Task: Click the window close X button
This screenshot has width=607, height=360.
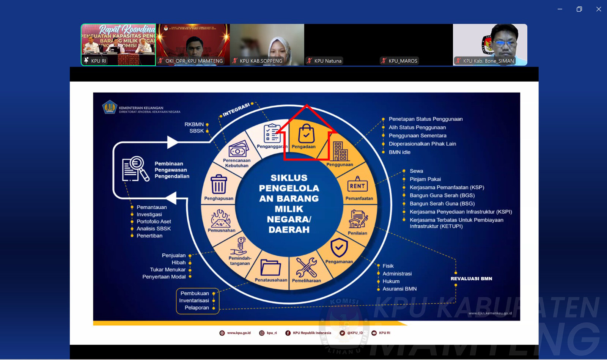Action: (x=599, y=9)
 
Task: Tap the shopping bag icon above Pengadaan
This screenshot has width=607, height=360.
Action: (x=306, y=134)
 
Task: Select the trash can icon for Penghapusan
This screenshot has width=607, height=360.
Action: (x=219, y=184)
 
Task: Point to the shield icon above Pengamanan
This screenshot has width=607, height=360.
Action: (x=339, y=248)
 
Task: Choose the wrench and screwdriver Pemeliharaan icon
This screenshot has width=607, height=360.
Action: (x=306, y=267)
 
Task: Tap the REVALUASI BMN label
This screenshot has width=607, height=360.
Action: (x=471, y=278)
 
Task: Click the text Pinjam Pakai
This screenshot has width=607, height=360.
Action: (x=425, y=179)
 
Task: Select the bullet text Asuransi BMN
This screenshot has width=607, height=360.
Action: (x=399, y=289)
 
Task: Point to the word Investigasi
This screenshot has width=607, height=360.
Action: (x=149, y=214)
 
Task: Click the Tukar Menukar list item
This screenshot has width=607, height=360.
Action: (x=168, y=270)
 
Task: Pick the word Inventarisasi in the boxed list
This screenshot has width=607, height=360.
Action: (x=194, y=300)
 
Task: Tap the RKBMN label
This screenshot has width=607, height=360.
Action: (x=194, y=124)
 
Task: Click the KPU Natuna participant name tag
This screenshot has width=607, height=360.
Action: (x=327, y=61)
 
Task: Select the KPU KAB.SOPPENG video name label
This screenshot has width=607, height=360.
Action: (x=261, y=61)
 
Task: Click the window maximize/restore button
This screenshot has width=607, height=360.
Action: (x=579, y=9)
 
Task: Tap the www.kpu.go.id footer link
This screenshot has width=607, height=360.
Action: (x=239, y=333)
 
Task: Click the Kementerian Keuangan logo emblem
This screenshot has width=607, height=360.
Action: (x=110, y=107)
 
